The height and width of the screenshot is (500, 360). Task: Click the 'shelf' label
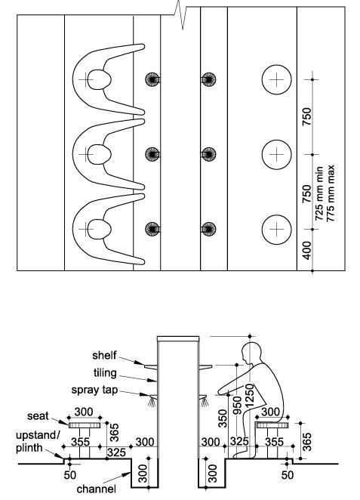coord(104,356)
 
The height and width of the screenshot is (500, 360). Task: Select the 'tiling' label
coord(105,373)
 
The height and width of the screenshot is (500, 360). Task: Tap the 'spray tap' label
coord(94,390)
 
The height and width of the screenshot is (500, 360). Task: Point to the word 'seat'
coord(38,416)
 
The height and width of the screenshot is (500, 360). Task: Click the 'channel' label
coord(96,489)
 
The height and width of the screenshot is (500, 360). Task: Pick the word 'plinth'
coord(29,448)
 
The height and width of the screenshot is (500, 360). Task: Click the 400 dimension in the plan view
coord(306,250)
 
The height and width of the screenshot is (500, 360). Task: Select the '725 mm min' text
coord(319,193)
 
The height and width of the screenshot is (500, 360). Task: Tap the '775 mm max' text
coord(331,193)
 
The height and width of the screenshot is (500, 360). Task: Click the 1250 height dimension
coord(250,395)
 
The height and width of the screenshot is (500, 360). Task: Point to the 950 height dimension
coord(237,405)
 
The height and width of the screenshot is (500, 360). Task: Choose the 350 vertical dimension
coord(223,418)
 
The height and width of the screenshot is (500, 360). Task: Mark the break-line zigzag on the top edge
coord(180,14)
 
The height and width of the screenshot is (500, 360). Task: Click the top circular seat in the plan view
coord(276,79)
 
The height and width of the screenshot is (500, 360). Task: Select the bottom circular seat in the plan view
coord(276,230)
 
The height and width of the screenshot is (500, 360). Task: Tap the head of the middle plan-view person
coord(99,154)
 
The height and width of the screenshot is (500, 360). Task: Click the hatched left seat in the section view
coord(85,424)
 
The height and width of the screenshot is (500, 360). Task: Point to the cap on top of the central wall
coord(178,338)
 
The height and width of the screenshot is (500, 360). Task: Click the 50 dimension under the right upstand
coord(288,475)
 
